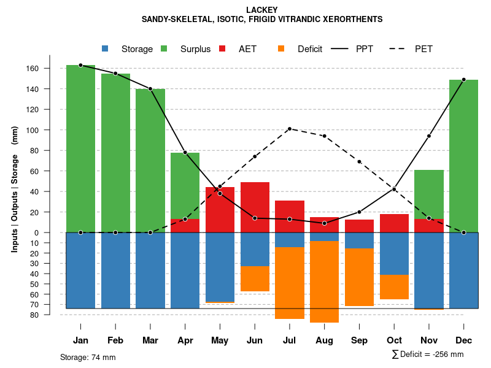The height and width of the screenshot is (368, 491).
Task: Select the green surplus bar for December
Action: [463, 156]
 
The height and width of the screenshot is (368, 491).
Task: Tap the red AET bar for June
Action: [255, 207]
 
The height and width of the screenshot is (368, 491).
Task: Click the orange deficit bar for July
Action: [290, 283]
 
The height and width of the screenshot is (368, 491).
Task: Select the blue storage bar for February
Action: [115, 270]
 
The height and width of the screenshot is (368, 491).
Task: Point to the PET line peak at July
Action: [289, 129]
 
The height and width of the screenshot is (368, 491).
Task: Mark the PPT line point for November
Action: [429, 136]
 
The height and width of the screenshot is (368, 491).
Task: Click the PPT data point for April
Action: [185, 152]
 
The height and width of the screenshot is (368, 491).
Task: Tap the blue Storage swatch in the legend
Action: [106, 49]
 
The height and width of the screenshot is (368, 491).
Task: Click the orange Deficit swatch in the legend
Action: [282, 49]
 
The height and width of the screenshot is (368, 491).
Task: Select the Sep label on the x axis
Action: [359, 340]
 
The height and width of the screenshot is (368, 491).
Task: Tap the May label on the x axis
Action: [220, 340]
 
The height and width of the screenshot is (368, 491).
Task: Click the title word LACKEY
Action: [261, 10]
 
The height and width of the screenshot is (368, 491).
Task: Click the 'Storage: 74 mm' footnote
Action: [88, 357]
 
